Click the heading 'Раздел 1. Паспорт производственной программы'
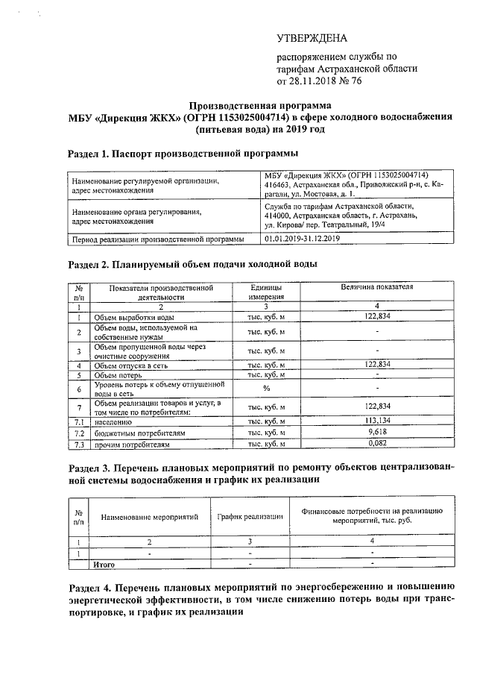pos(183,154)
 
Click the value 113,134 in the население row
pos(378,419)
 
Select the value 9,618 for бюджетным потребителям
pos(378,432)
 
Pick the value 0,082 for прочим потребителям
pos(378,444)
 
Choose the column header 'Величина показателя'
pos(377,287)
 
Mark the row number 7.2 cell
pos(78,433)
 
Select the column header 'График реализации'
pos(250,516)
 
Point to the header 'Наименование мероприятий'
pos(150,516)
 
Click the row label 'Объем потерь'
pos(119,375)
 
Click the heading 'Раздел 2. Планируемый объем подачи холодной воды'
pos(192,265)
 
